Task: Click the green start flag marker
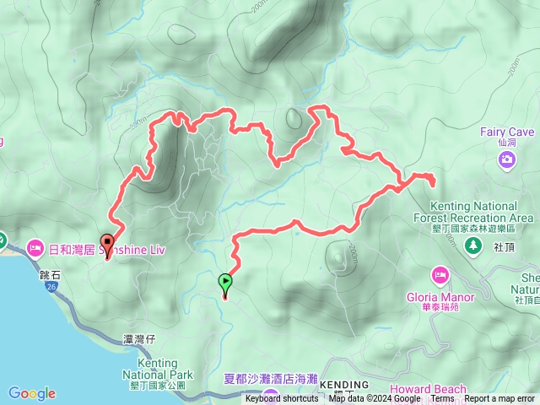(225, 282)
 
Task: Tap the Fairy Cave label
(507, 132)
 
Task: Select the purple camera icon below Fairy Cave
(507, 159)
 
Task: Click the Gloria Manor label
(443, 297)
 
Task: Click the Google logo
(32, 393)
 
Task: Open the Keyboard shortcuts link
(282, 399)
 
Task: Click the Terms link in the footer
(442, 399)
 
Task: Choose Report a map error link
(499, 399)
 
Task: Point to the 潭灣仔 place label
(138, 338)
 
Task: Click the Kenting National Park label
(158, 370)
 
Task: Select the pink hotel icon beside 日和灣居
(35, 248)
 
